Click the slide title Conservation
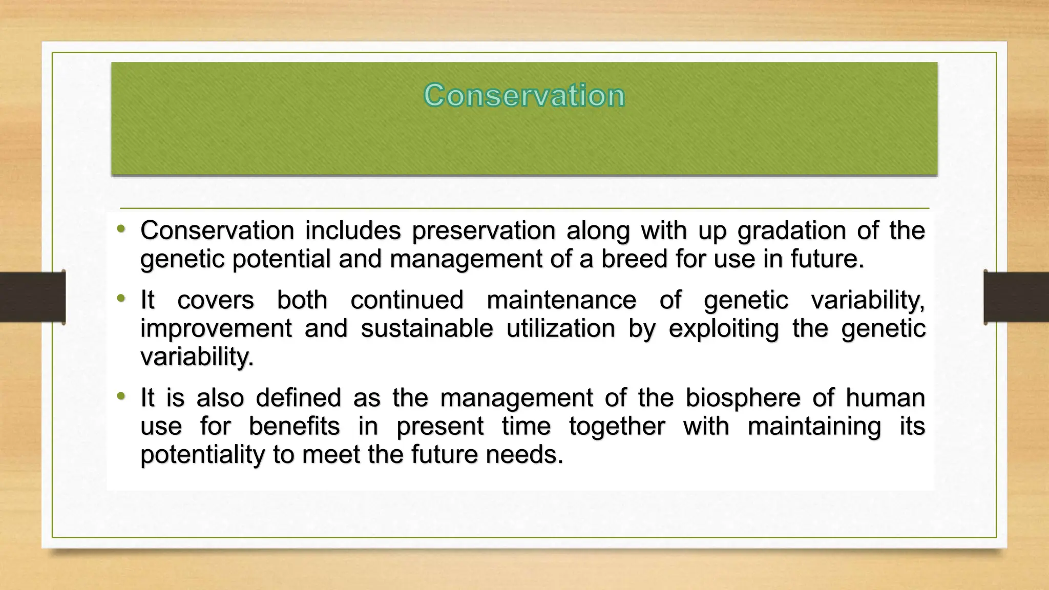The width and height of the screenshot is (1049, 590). point(524,95)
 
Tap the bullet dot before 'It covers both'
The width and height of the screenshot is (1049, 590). point(121,298)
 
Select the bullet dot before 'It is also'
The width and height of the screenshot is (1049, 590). point(121,396)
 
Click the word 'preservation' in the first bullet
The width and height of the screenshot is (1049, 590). point(484,231)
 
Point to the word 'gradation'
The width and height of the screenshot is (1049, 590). point(791,231)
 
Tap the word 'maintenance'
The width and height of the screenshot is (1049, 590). point(561,300)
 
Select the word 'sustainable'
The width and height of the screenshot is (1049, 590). point(427,328)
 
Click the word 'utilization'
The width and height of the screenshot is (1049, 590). point(560,328)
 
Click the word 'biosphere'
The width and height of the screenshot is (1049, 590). point(743,398)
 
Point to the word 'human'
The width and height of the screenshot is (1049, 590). point(885,398)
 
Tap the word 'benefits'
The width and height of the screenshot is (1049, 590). point(294,426)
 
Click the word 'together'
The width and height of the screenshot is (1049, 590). point(617,426)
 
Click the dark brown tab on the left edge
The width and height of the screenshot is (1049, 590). point(32,297)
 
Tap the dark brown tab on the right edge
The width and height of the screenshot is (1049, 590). point(1016,297)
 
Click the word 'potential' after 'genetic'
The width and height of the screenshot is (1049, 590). point(281,259)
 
